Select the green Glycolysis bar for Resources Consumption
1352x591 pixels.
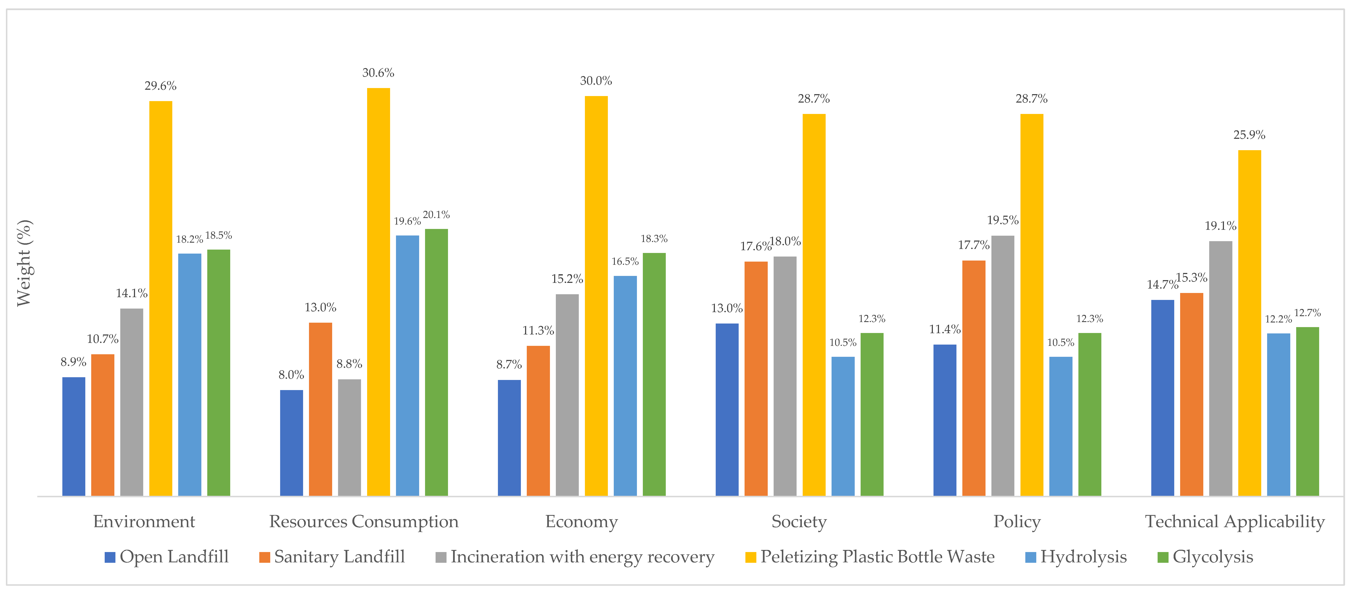[436, 362]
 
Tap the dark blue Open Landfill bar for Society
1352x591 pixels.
[727, 409]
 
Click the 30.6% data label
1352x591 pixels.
[378, 73]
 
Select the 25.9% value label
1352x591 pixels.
[1249, 135]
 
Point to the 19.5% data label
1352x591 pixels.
[1002, 220]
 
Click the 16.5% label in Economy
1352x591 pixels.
[625, 261]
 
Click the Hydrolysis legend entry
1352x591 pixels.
[1076, 557]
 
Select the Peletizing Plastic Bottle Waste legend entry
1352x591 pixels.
[870, 557]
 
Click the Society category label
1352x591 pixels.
[799, 522]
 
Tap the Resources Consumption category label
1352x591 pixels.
[364, 522]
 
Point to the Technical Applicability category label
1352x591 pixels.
[1234, 522]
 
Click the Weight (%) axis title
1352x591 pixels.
[24, 262]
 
